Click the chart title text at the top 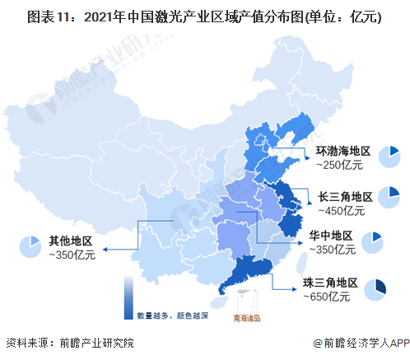click(x=204, y=16)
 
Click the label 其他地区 click(x=70, y=241)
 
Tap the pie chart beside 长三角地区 click(x=389, y=198)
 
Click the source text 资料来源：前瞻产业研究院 click(x=69, y=343)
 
